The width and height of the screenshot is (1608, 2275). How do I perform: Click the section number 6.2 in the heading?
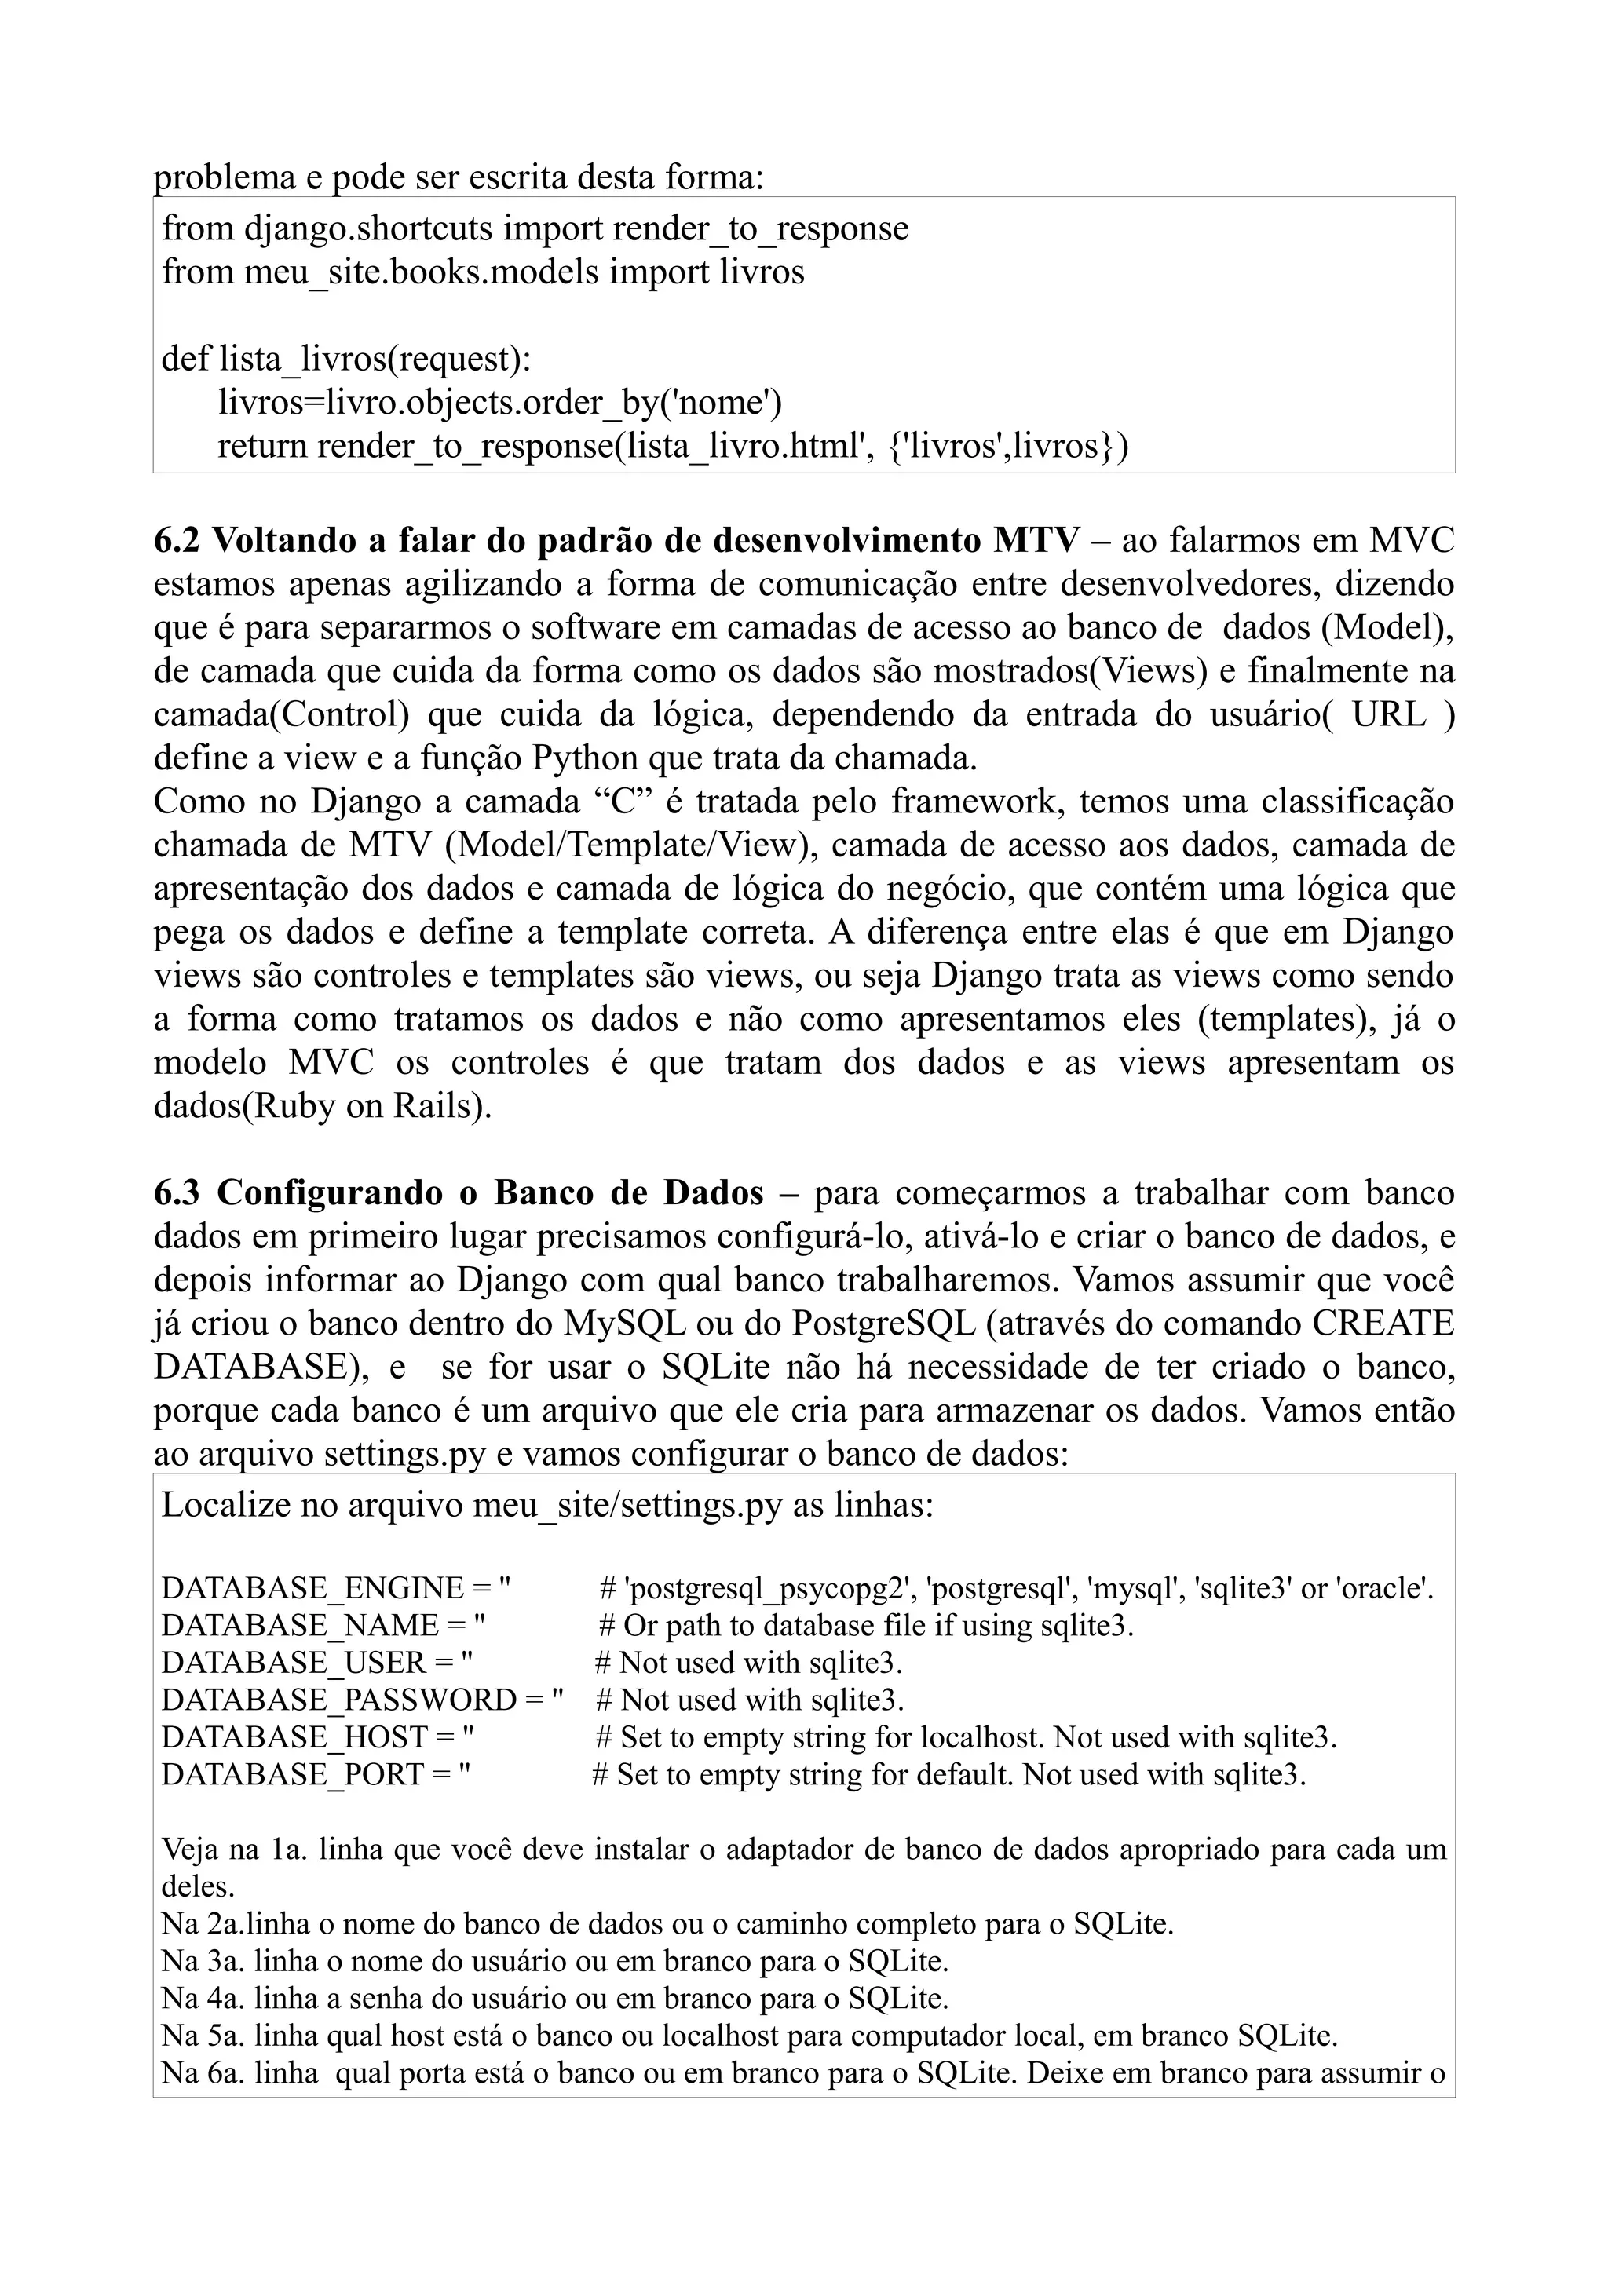tap(177, 541)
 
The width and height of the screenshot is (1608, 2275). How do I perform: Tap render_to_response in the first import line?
tap(760, 229)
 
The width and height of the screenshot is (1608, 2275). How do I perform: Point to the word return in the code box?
tap(262, 446)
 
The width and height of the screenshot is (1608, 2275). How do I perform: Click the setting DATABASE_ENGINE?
tap(313, 1588)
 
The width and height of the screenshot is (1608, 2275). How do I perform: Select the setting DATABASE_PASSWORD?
tap(339, 1700)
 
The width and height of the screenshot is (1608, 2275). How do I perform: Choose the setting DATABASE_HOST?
tap(294, 1737)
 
